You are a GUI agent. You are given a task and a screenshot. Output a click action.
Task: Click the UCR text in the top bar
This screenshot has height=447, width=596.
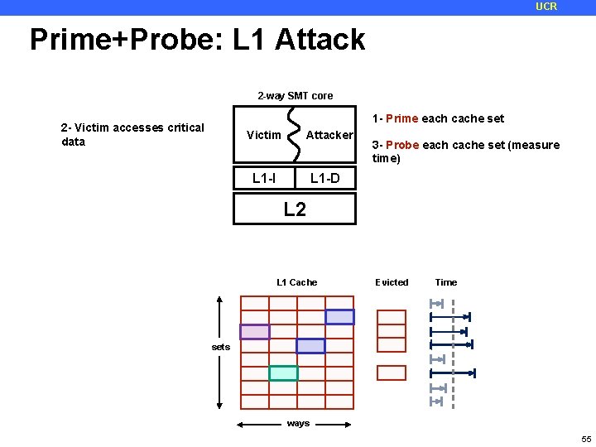click(546, 7)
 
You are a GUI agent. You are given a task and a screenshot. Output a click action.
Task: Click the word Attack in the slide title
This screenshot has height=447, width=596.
click(321, 39)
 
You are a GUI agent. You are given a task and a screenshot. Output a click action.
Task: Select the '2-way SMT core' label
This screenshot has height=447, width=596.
click(295, 96)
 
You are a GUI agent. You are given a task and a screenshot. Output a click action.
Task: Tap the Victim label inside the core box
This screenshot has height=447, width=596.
click(264, 135)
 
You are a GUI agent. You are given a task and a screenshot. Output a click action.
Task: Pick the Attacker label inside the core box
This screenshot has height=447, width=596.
click(329, 135)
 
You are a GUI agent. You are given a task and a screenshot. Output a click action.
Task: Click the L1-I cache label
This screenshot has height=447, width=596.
click(264, 177)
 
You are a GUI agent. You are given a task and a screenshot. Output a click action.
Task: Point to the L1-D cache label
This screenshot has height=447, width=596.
click(324, 177)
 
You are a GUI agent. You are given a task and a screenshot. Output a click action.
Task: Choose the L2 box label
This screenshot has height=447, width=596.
click(295, 209)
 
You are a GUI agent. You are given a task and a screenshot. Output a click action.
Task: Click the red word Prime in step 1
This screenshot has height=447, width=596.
click(401, 118)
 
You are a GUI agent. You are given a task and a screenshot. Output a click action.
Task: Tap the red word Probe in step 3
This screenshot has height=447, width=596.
click(402, 145)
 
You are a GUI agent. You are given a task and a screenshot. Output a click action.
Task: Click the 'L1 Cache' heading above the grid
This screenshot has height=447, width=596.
click(296, 282)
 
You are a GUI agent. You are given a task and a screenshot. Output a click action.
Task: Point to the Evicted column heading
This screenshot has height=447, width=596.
click(392, 282)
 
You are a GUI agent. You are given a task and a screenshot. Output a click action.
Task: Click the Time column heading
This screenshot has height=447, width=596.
click(446, 282)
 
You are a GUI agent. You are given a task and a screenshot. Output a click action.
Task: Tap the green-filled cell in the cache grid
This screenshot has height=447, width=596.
click(283, 372)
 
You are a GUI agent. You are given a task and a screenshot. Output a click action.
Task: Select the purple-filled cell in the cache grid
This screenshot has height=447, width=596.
click(255, 331)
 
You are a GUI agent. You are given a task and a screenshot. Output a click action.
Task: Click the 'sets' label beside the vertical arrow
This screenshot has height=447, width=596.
click(221, 347)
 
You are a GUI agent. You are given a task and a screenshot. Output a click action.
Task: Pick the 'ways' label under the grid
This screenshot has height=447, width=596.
click(298, 423)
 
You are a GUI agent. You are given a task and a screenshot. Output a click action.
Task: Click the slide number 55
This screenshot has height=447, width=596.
click(585, 438)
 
